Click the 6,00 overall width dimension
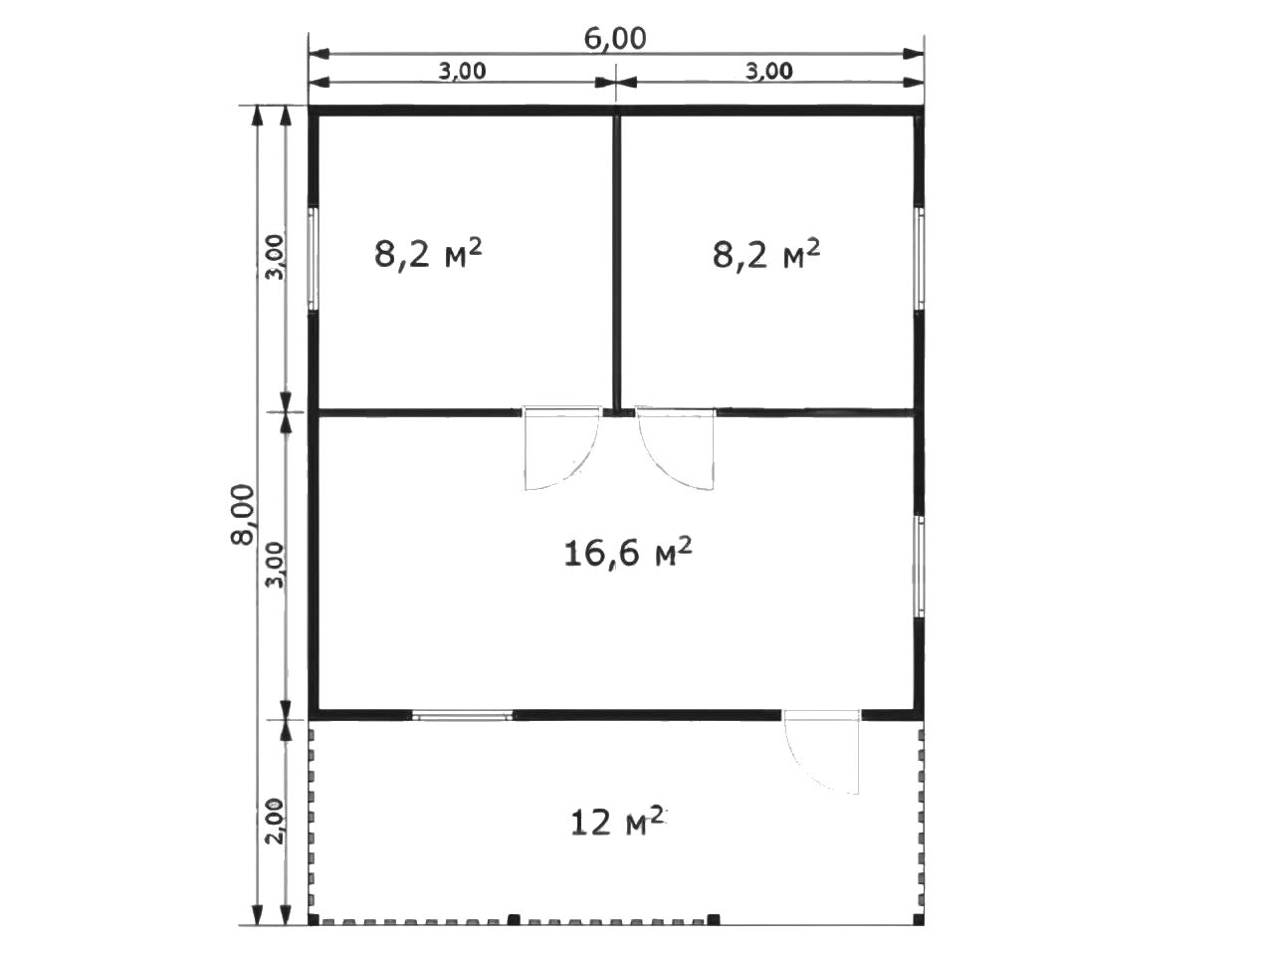[x=615, y=40]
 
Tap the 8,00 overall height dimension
[x=243, y=514]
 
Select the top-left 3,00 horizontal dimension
[x=462, y=71]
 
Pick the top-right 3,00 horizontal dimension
[x=768, y=71]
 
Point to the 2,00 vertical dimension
[x=277, y=821]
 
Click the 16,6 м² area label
[x=627, y=553]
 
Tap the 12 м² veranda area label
[x=617, y=821]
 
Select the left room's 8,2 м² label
[x=428, y=254]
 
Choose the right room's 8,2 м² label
[x=766, y=254]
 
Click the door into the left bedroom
[x=560, y=447]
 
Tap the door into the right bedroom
[x=676, y=447]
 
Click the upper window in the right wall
[x=919, y=258]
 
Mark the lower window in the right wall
[x=919, y=567]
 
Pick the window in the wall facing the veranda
[x=463, y=716]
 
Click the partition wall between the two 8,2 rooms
[x=617, y=262]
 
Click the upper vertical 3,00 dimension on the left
[x=277, y=257]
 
